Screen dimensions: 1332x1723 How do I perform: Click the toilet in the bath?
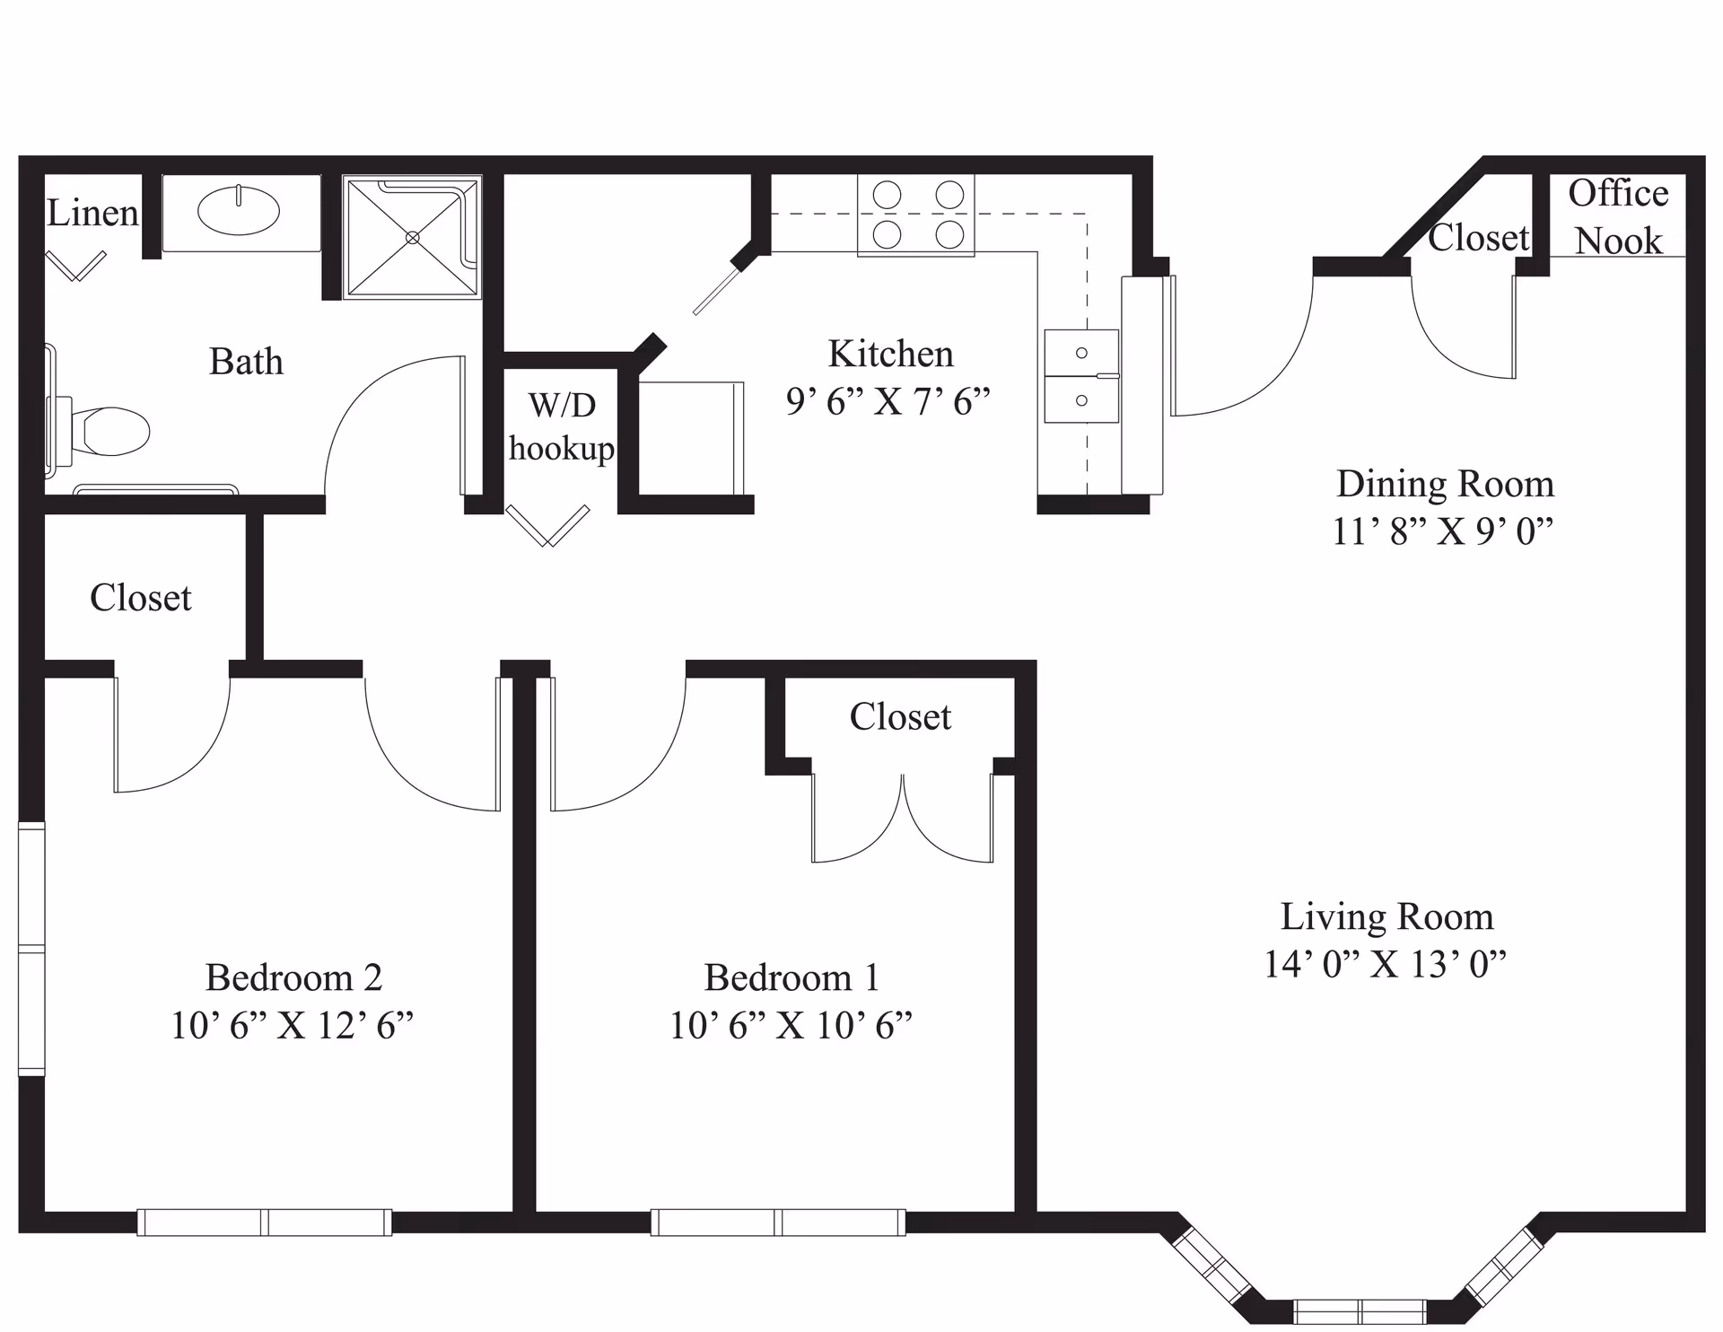coord(108,431)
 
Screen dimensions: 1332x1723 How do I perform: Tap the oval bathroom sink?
coord(239,212)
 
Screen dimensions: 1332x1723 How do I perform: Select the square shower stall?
coord(412,238)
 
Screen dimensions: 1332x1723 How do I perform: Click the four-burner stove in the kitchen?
coord(917,215)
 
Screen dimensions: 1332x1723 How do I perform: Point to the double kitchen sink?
coord(1081,376)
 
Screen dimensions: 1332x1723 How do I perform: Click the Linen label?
coord(92,214)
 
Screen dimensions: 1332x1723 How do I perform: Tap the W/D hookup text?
coord(562,427)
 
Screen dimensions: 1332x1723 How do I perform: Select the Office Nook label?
coord(1618,217)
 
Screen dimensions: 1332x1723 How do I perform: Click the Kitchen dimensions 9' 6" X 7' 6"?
coord(888,401)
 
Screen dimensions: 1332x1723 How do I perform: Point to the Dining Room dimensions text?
coord(1442,531)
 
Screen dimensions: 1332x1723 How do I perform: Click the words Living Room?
coord(1386,917)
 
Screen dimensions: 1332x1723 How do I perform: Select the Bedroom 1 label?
coord(792,977)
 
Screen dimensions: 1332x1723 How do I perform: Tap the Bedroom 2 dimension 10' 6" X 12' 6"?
coord(293,1025)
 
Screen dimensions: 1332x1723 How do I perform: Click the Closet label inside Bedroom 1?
coord(900,717)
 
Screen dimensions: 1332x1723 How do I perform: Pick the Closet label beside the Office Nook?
coord(1478,238)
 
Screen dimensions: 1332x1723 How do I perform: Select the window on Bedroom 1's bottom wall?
coord(778,1222)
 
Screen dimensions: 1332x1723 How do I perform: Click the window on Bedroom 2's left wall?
coord(31,949)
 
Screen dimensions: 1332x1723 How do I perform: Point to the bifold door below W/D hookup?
coord(547,526)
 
